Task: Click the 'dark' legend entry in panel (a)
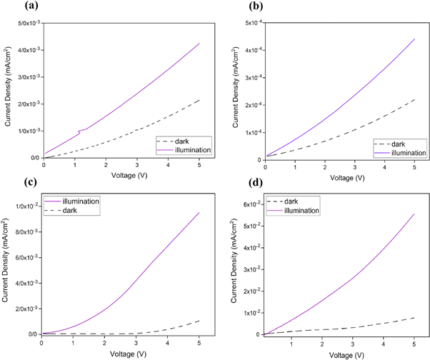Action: click(x=182, y=141)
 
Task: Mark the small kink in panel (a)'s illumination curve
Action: click(x=81, y=131)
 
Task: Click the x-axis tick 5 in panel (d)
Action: click(x=414, y=341)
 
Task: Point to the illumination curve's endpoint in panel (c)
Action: click(x=199, y=213)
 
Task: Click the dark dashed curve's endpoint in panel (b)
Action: click(x=414, y=99)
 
